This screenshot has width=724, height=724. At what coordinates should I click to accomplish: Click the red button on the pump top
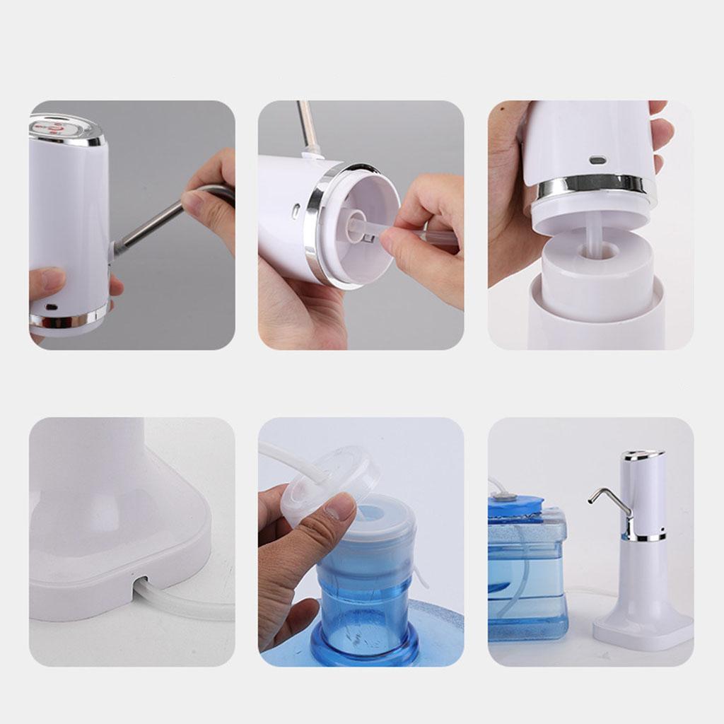58,127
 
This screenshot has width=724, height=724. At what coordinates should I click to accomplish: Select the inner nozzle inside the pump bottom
357,228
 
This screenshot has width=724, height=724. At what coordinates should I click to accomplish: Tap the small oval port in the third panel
597,160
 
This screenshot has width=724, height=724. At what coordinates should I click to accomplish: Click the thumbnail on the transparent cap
341,506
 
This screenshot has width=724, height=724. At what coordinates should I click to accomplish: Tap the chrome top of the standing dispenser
642,455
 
